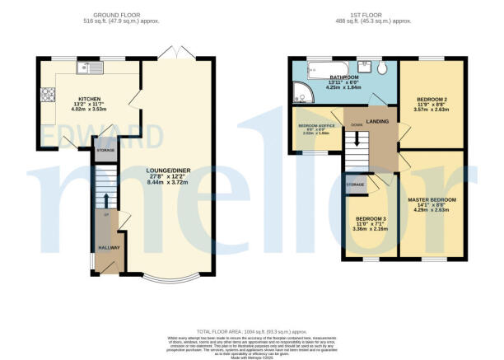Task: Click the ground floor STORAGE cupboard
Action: tap(105, 151)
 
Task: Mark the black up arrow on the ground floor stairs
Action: tap(106, 199)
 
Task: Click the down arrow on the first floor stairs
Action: tap(357, 126)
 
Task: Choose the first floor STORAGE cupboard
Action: tap(355, 184)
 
